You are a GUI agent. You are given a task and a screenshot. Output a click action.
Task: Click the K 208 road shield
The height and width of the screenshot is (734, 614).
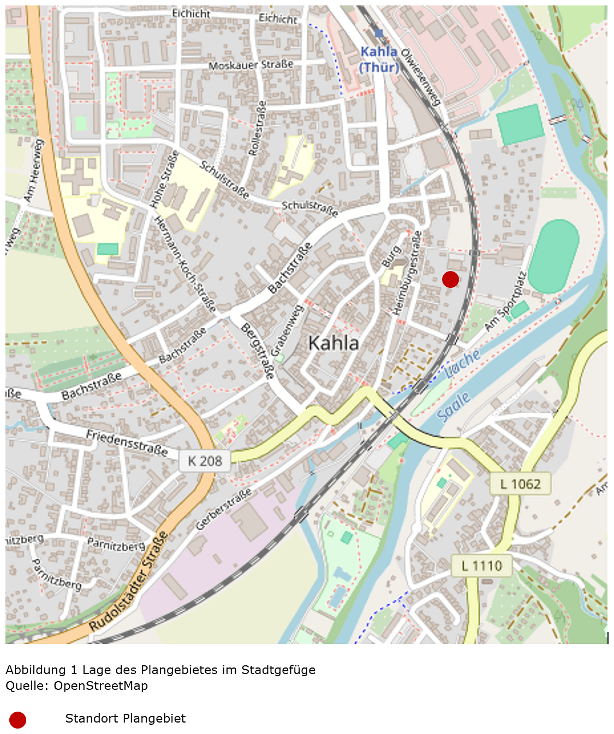tap(205, 461)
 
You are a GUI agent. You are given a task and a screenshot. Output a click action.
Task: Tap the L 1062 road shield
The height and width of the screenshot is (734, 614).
tap(520, 484)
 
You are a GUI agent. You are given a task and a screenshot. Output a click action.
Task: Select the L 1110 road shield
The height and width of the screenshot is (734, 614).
tap(481, 565)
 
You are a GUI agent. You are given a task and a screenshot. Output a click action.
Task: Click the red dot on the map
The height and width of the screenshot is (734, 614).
tap(450, 279)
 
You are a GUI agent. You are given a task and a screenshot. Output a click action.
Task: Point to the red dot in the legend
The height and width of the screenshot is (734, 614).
tap(17, 720)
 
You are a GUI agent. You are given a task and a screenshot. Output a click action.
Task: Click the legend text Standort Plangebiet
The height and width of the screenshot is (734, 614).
tap(125, 719)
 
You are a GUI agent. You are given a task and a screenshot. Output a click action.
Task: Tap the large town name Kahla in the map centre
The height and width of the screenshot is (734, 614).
tap(333, 343)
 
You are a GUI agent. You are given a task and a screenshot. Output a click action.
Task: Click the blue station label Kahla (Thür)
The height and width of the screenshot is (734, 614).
tap(379, 59)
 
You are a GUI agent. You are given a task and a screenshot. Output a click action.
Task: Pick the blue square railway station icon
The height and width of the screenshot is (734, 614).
tap(379, 34)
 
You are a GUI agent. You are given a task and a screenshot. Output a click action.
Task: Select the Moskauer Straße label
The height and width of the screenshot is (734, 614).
tap(251, 65)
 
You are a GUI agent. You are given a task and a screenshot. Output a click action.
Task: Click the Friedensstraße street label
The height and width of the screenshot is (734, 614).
tap(127, 442)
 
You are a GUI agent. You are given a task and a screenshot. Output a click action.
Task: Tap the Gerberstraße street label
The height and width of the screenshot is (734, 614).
tap(224, 509)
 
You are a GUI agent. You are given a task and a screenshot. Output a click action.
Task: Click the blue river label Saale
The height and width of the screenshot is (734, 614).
tap(454, 407)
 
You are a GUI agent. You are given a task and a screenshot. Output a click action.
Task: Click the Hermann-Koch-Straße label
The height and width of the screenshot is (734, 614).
tap(185, 264)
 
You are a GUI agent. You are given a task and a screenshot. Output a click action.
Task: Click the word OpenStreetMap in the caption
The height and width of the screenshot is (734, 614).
tap(100, 685)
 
